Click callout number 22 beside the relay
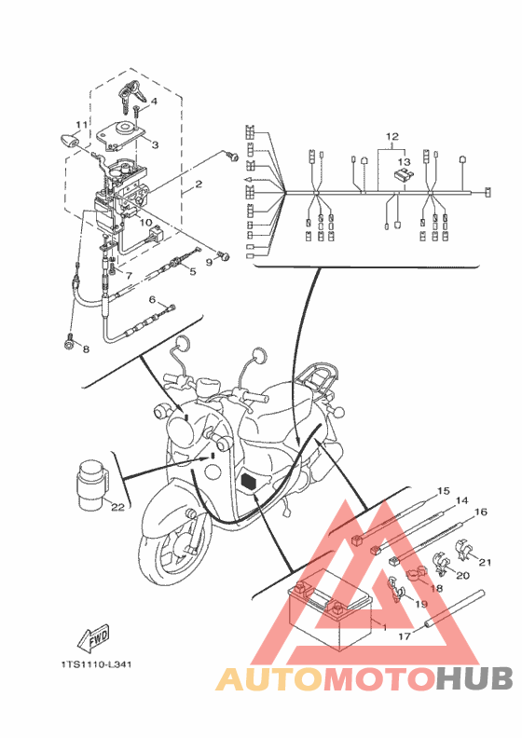click(117, 507)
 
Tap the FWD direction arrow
click(93, 639)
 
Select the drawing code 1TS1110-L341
click(96, 664)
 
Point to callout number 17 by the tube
click(405, 636)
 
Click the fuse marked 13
click(404, 175)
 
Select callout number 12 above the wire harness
click(391, 136)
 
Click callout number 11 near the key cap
click(82, 125)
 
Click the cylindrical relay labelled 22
click(92, 485)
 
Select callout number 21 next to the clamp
click(486, 562)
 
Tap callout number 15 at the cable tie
click(444, 491)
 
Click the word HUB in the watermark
click(474, 679)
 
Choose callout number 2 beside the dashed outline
click(199, 184)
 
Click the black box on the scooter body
click(248, 482)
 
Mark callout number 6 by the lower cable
click(152, 300)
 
